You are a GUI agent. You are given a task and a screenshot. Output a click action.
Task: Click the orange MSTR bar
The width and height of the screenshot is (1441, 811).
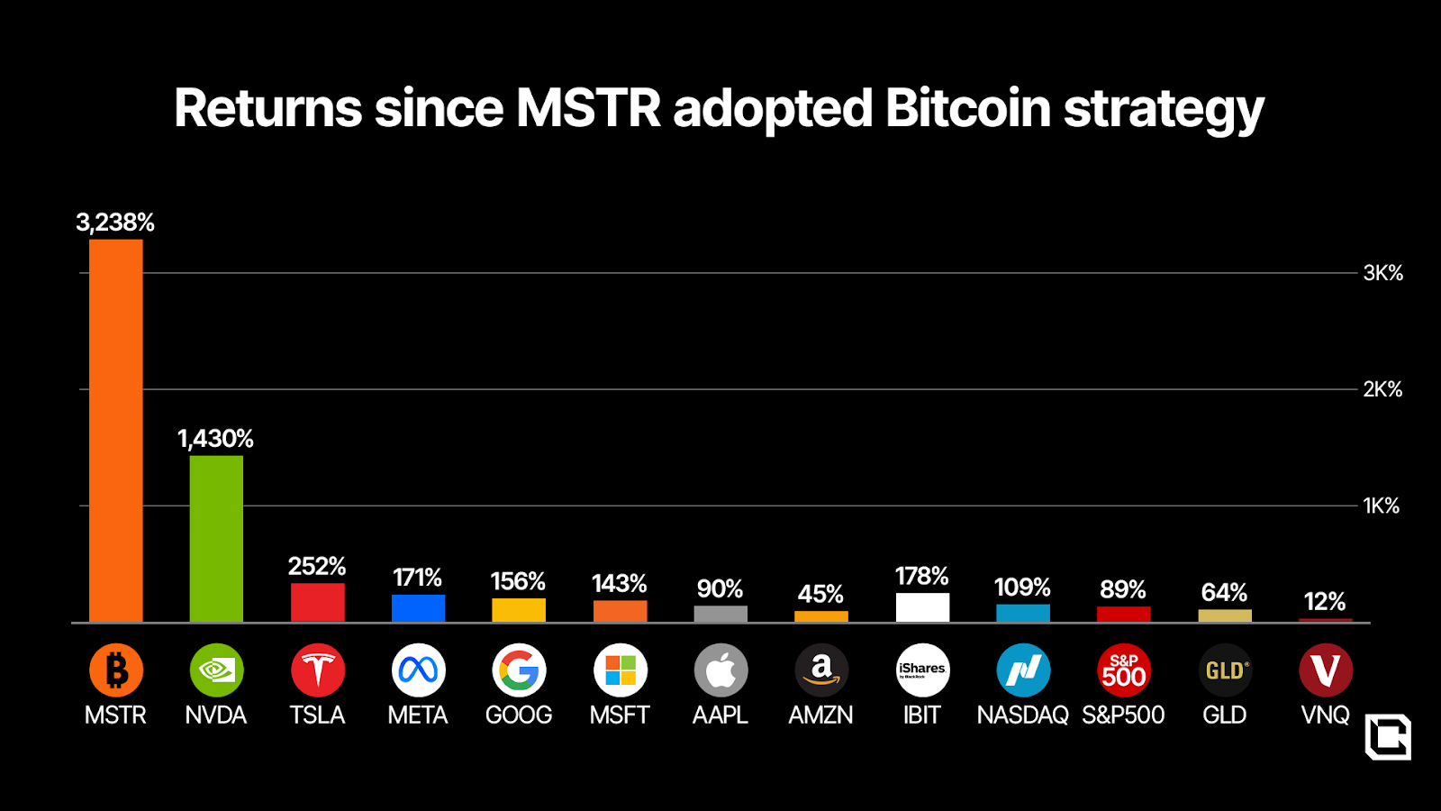[116, 431]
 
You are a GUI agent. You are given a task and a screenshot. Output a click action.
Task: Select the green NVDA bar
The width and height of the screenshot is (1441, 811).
[216, 539]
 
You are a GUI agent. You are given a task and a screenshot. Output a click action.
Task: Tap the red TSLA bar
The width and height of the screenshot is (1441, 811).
[317, 603]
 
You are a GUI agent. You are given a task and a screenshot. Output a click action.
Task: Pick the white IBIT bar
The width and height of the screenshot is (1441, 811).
[922, 607]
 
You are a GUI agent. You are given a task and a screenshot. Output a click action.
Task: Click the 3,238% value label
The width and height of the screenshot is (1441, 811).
[115, 223]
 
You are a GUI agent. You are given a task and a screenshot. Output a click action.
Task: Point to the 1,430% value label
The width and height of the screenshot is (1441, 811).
[215, 439]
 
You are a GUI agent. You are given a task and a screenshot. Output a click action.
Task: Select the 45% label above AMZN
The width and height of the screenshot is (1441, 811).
[820, 595]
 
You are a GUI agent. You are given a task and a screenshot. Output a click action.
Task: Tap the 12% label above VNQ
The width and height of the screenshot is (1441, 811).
[1325, 602]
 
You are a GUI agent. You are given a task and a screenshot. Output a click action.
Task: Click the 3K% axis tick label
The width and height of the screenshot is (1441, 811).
[1382, 273]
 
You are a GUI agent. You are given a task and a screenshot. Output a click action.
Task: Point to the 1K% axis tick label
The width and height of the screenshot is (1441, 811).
[1381, 506]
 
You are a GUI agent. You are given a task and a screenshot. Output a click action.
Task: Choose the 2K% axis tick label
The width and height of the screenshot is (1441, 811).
[1382, 389]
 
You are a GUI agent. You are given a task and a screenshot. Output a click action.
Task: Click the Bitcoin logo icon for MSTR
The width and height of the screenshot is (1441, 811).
[116, 670]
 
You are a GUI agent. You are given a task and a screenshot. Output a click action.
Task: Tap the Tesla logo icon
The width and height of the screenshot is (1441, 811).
[317, 670]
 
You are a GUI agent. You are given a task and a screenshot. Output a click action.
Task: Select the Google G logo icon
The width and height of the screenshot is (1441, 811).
[519, 670]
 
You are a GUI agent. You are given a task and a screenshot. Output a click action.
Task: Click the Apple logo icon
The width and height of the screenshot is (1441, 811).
[720, 670]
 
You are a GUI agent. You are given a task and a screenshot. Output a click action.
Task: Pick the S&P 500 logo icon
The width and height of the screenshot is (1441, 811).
[1123, 670]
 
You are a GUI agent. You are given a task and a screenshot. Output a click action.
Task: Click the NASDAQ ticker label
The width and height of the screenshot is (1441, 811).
[1022, 715]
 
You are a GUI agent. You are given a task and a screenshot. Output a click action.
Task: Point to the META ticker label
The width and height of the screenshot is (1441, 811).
[418, 715]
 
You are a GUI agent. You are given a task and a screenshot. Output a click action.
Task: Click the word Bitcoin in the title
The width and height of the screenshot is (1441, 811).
[968, 109]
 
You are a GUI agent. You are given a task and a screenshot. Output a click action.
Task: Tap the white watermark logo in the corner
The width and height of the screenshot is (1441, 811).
[1388, 737]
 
